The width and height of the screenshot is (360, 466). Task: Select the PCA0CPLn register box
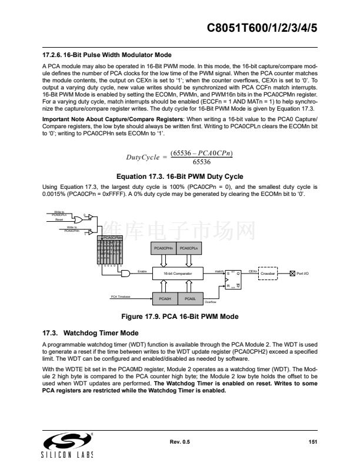(x=190, y=249)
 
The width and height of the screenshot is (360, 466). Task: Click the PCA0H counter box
(x=165, y=298)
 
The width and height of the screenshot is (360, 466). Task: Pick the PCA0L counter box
(x=190, y=298)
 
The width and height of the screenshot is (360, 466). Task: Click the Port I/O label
(x=302, y=274)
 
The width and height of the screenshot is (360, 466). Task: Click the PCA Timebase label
(x=121, y=296)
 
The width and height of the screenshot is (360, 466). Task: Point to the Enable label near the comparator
(x=141, y=271)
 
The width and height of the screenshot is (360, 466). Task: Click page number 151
(x=313, y=441)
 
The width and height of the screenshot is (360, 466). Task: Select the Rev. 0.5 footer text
(x=180, y=441)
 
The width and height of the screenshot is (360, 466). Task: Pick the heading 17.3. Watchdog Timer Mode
(x=91, y=332)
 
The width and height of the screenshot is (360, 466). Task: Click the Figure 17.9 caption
(x=179, y=317)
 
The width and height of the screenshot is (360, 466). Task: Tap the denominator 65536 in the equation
(x=201, y=162)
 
